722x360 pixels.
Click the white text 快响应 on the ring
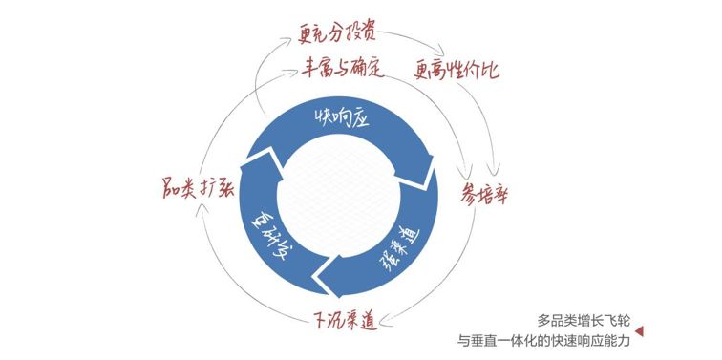coord(339,119)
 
